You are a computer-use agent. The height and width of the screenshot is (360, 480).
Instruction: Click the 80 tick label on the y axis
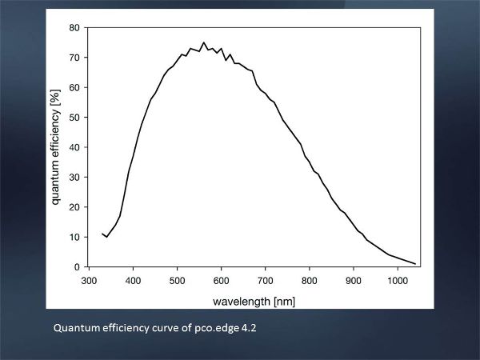[x=74, y=28]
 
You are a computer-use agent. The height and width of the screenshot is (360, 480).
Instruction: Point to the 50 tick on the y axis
[x=86, y=118]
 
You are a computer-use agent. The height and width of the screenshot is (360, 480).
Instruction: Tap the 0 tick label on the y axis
[x=77, y=267]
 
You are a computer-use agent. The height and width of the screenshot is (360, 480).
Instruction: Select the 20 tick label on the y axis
[x=74, y=207]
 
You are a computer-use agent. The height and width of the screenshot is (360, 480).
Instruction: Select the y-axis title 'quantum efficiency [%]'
[x=58, y=148]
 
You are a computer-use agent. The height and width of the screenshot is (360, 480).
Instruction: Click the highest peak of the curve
[x=204, y=42]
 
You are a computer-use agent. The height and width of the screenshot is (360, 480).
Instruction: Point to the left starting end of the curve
[x=102, y=234]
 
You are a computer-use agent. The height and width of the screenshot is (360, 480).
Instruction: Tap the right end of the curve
[x=416, y=263]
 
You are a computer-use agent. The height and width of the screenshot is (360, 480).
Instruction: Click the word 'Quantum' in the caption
[x=74, y=327]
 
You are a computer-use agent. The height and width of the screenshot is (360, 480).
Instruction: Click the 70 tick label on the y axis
[x=74, y=58]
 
